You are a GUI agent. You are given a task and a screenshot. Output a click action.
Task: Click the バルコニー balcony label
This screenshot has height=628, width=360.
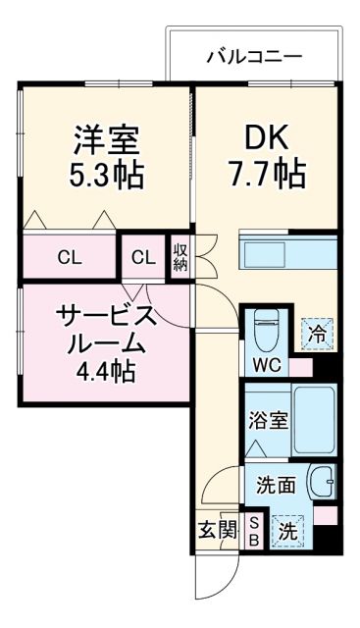(x=254, y=56)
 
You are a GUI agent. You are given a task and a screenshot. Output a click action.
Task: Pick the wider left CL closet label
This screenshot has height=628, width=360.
(x=69, y=259)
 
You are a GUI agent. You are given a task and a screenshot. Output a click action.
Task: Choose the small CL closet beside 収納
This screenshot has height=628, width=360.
(x=143, y=259)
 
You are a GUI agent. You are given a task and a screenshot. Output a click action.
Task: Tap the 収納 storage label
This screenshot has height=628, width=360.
(x=181, y=258)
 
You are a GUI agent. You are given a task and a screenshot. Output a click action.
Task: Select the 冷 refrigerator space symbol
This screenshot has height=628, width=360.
(x=317, y=335)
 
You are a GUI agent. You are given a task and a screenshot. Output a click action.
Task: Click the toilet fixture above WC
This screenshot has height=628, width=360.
(x=265, y=332)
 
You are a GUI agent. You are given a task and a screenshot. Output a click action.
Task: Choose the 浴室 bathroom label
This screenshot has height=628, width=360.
(x=268, y=420)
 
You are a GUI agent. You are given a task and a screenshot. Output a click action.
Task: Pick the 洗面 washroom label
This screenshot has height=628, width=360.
(x=276, y=485)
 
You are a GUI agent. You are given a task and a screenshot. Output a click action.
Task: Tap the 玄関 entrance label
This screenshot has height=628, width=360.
(x=218, y=530)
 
